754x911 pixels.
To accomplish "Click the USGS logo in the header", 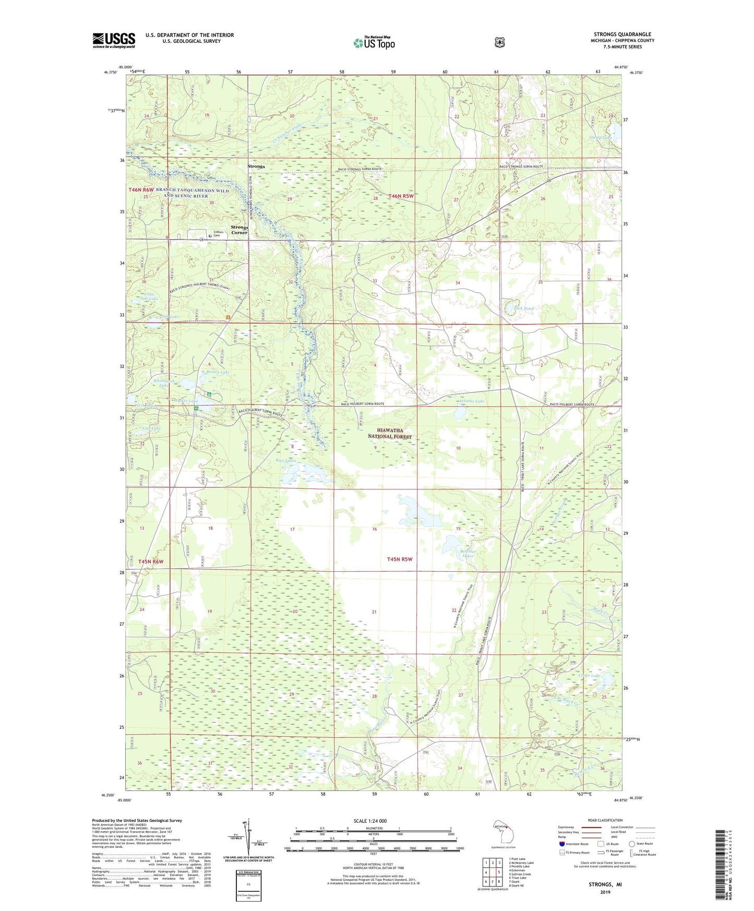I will [x=114, y=40].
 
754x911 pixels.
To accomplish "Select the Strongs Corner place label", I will [x=240, y=230].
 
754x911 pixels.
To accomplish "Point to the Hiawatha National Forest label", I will [x=389, y=433].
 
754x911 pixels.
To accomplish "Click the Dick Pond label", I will [x=524, y=308].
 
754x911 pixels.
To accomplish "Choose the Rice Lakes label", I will [x=286, y=461].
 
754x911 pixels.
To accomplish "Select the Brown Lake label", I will [x=218, y=372].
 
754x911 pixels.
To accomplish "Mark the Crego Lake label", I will [x=589, y=676].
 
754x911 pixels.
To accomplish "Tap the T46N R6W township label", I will [x=141, y=190].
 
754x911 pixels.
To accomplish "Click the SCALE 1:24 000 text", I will [x=370, y=821].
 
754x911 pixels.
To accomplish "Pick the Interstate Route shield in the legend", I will [x=561, y=844].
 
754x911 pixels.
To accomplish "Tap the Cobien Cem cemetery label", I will [x=218, y=234].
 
